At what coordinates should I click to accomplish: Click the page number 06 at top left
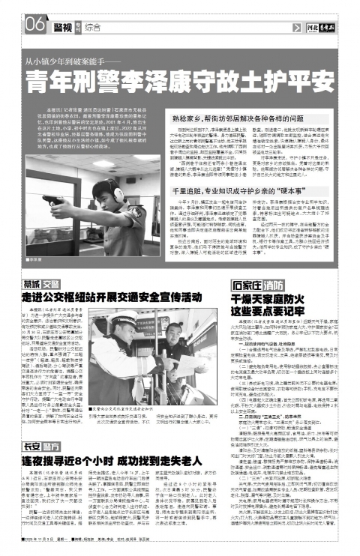[16, 25]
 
